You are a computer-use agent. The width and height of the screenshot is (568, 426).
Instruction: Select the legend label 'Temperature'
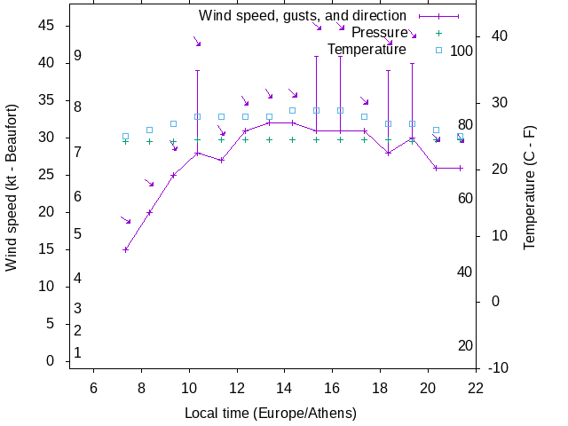point(367,49)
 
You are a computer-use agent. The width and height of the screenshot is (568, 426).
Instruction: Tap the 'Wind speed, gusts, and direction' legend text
point(302,16)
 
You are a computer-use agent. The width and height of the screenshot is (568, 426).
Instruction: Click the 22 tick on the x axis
point(476,387)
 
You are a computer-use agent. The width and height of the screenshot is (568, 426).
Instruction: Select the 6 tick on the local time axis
point(93,387)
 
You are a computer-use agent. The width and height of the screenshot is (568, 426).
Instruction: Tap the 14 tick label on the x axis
point(284,387)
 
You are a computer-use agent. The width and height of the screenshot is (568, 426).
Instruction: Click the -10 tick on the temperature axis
point(499,367)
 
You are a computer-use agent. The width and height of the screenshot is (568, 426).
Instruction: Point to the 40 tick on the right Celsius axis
point(499,35)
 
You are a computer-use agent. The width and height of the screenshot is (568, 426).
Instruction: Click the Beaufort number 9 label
point(78,56)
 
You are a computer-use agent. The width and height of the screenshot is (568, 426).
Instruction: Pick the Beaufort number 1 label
point(78,352)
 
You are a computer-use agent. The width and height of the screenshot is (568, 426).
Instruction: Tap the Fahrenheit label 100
point(461,51)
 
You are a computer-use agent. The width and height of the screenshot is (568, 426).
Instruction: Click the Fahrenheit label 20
point(465,345)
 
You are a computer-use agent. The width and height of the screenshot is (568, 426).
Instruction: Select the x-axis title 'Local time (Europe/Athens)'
point(271,414)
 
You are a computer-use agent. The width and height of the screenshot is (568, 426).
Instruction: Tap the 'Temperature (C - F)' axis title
point(529,186)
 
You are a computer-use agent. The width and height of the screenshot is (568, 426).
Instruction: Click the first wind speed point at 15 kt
point(125,249)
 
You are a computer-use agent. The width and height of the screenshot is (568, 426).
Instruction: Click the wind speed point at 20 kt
point(149,212)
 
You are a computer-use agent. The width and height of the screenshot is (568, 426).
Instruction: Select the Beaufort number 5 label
point(78,234)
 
